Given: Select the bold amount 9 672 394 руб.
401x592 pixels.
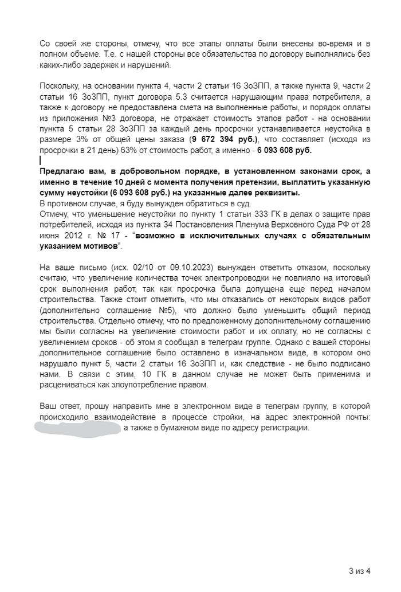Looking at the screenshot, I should (225, 139).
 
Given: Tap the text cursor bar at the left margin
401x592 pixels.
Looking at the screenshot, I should (40, 161).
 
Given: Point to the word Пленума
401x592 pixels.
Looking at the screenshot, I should (253, 225).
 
